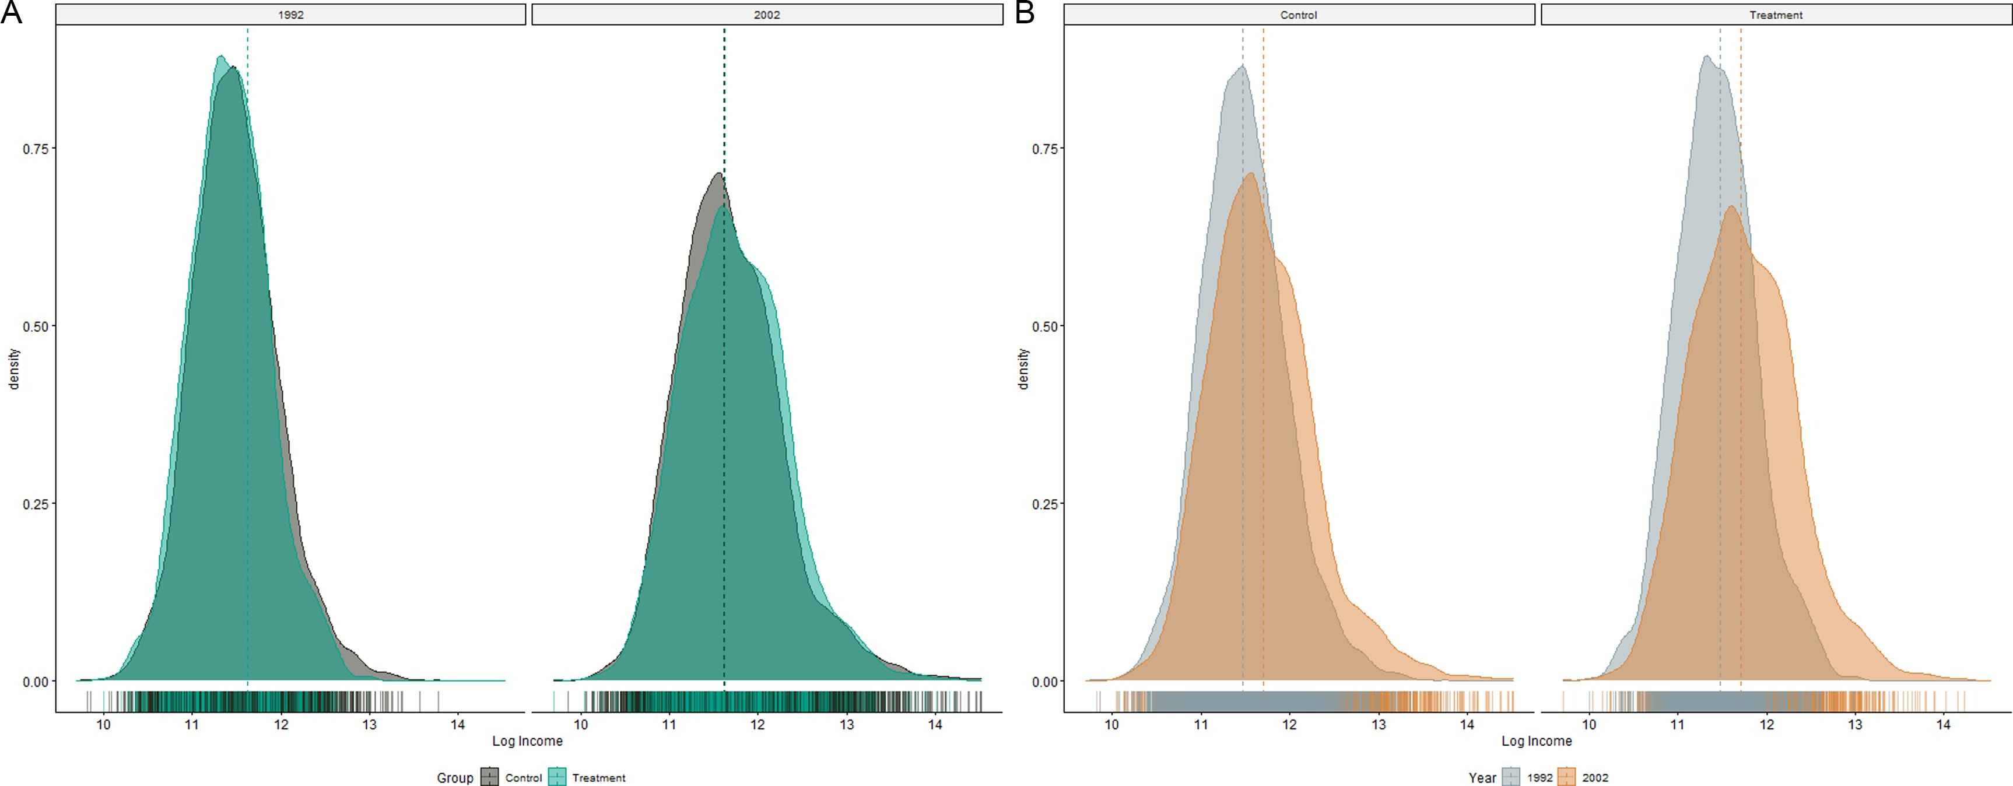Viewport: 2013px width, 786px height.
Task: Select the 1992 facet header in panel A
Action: coord(291,15)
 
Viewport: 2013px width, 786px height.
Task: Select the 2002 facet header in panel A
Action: coord(767,15)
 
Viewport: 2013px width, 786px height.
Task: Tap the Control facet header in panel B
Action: coord(1299,15)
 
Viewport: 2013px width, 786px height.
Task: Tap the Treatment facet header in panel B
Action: coord(1776,15)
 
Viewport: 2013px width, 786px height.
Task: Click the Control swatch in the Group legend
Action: coord(490,777)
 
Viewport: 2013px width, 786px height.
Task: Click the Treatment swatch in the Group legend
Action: coord(556,777)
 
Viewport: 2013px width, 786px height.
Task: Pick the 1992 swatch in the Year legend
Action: coord(1511,777)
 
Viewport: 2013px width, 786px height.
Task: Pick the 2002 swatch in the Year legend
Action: coord(1567,777)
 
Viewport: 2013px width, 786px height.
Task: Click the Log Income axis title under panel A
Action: coord(528,741)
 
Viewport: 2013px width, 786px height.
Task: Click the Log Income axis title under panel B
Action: coord(1537,741)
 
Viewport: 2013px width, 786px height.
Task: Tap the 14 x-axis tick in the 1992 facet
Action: coord(458,725)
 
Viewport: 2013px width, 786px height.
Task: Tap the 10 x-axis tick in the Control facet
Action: coord(1111,725)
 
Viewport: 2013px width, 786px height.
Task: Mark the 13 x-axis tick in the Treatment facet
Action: coord(1854,725)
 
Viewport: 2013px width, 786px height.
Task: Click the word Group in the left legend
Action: coord(455,777)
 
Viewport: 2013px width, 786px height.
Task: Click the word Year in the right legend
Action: coord(1482,777)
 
